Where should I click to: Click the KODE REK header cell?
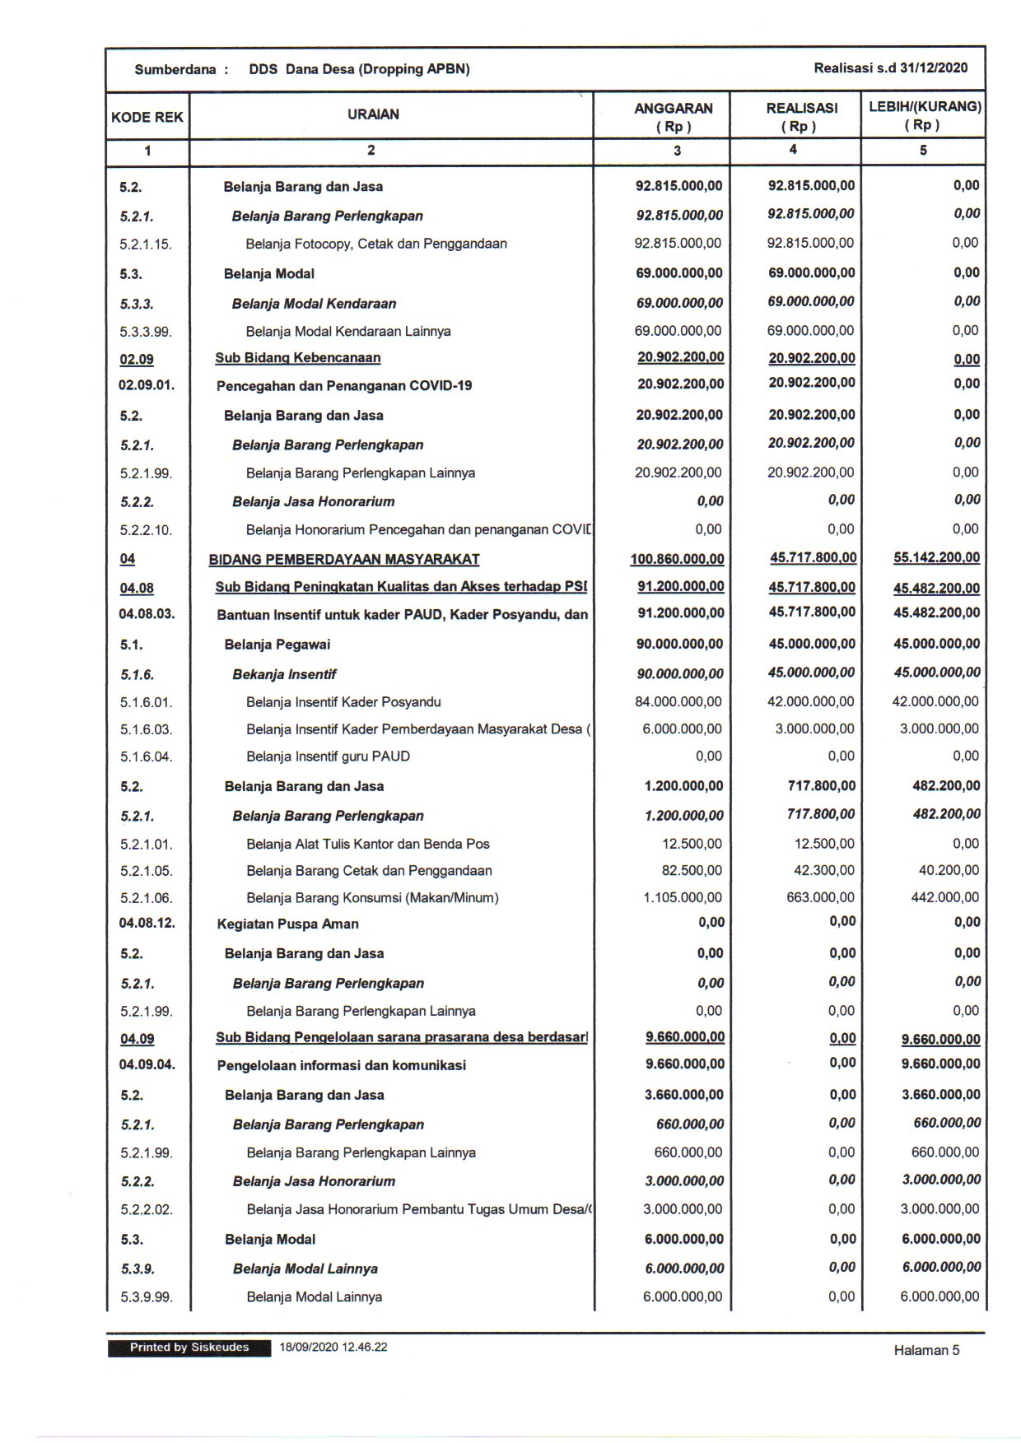[147, 117]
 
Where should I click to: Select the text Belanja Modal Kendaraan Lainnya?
[347, 332]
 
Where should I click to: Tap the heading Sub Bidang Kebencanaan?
[297, 358]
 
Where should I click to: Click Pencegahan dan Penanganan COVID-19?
[343, 386]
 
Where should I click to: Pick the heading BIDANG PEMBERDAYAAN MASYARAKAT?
[343, 560]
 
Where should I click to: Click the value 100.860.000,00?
[677, 560]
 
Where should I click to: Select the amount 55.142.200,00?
[936, 558]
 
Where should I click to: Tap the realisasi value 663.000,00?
[820, 897]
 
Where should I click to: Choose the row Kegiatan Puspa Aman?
[287, 924]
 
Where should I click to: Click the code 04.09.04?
[147, 1064]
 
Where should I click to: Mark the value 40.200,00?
[949, 870]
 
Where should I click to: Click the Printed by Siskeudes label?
[189, 1348]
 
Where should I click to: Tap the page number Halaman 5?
[926, 1350]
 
